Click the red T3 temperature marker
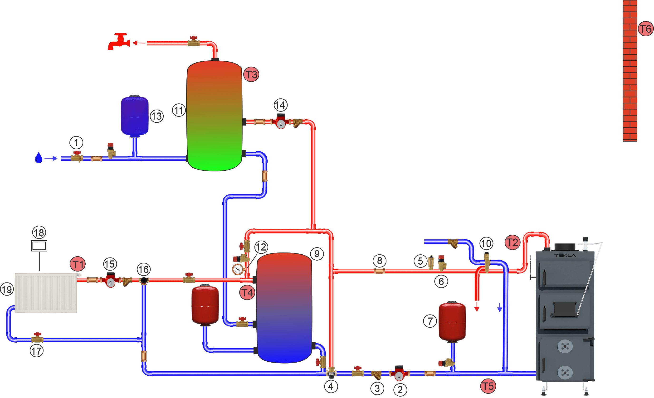point(251,75)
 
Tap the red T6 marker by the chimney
point(645,29)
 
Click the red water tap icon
point(119,42)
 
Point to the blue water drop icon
point(39,158)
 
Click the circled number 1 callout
point(76,143)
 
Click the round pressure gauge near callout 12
point(238,270)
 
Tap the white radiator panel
point(46,293)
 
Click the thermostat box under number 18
point(39,246)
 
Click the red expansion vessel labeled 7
point(452,322)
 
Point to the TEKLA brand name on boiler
point(565,255)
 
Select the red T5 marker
point(488,386)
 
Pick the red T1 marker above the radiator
point(78,264)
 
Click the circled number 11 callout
point(179,110)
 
